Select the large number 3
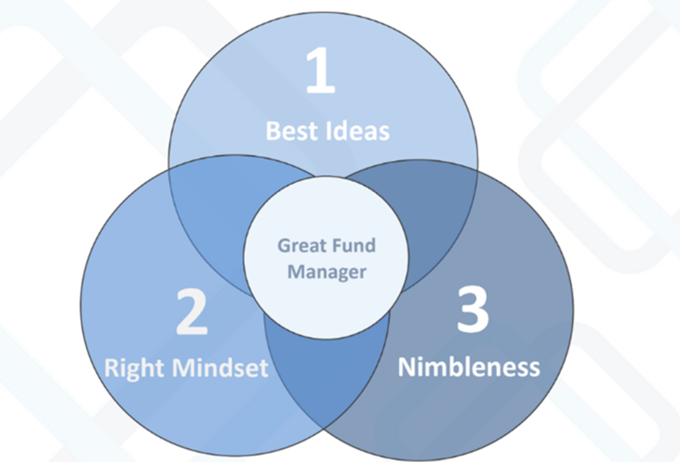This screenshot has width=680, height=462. [473, 309]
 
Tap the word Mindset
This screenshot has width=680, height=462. [220, 368]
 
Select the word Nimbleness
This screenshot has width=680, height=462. [469, 367]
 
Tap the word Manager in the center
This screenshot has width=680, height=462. [327, 272]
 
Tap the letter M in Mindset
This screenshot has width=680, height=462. [184, 368]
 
